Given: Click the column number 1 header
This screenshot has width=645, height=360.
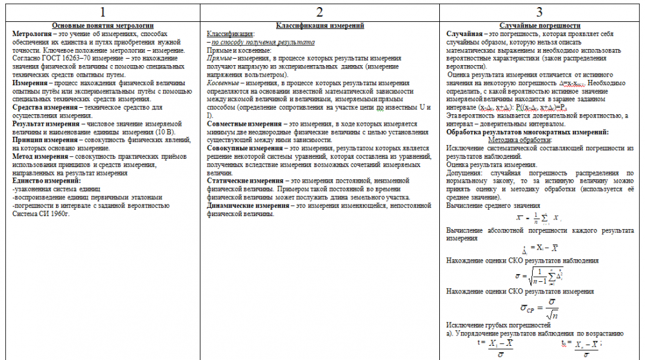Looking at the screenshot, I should click(x=103, y=12).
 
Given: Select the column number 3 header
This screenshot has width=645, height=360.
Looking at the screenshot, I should click(x=539, y=12).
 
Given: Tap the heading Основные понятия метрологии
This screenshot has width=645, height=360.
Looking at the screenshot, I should click(x=103, y=25).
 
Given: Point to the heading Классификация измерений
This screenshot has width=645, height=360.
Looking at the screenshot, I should click(x=320, y=25).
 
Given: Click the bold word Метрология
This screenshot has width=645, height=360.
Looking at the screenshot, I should click(x=32, y=33).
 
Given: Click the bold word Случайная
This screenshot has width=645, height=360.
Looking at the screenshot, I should click(x=465, y=33).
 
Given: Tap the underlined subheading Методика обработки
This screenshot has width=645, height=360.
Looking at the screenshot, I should click(x=519, y=140).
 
